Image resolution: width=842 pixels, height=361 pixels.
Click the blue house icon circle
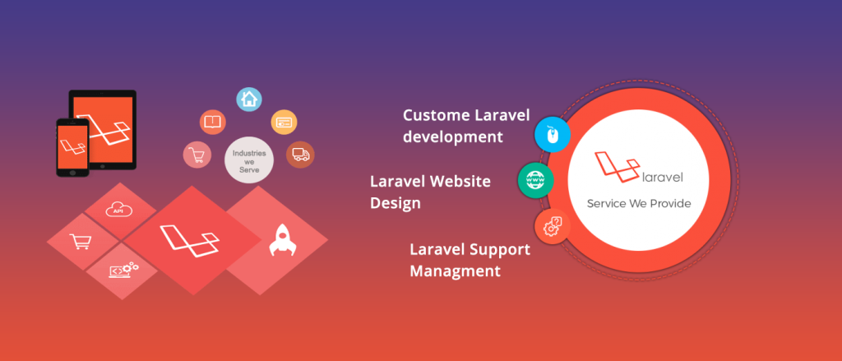tap(249, 99)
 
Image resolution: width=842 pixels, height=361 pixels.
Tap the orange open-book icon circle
tap(213, 122)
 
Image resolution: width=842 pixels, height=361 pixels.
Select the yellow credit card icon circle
tap(284, 123)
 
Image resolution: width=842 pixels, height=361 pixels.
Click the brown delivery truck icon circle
tap(300, 155)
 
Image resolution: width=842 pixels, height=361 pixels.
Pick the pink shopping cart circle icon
tap(196, 155)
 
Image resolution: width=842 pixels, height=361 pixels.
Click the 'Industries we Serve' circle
tap(249, 159)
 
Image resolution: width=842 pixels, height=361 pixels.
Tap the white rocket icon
tap(280, 240)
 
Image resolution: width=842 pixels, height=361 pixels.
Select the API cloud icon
tap(118, 210)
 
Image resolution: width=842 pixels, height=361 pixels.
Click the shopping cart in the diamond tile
tap(80, 242)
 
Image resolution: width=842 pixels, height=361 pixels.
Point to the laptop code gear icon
tap(123, 270)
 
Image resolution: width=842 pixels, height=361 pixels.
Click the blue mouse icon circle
tap(553, 134)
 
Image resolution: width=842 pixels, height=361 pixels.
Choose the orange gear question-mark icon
tap(553, 226)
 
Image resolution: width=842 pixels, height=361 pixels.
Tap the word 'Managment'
tap(456, 271)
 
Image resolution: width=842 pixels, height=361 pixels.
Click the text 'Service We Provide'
tap(639, 204)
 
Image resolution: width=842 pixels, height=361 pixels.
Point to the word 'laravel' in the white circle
tap(663, 176)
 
